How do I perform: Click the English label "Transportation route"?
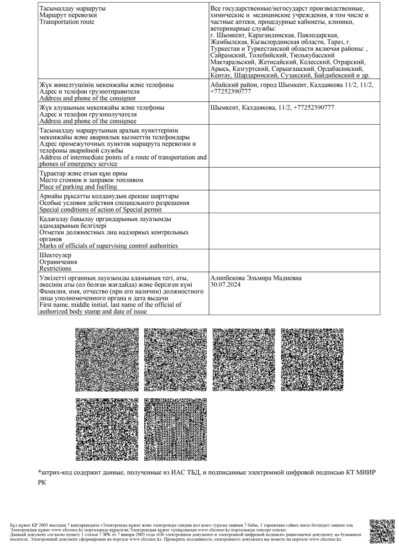tap(67, 22)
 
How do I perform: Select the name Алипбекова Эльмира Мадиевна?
tap(256, 278)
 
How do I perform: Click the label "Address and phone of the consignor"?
tap(88, 98)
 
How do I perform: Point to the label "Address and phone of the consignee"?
tap(88, 121)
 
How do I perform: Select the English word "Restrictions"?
tap(55, 269)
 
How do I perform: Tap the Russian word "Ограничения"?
tap(58, 262)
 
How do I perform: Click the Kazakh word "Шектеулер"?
tap(55, 255)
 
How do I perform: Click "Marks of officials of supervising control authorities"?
tap(109, 246)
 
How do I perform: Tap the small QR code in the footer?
tap(381, 531)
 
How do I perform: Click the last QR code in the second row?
tap(175, 429)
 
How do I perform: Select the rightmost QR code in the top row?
tap(312, 360)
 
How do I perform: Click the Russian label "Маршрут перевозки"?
tap(68, 15)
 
